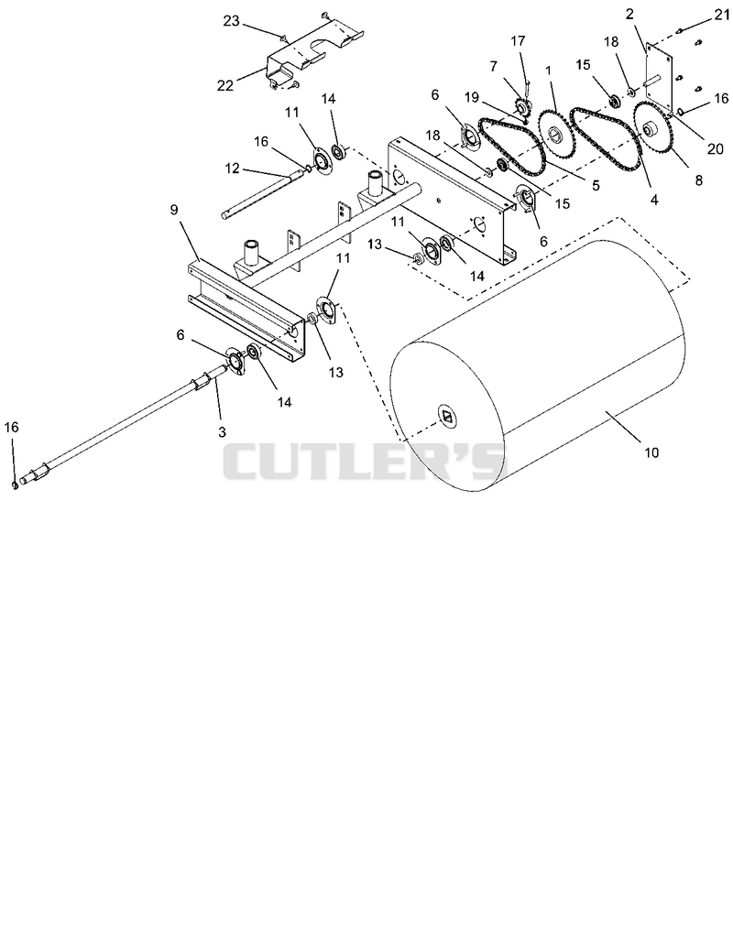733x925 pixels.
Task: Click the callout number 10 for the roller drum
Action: pyautogui.click(x=651, y=452)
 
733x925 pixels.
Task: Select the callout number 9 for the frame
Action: pyautogui.click(x=174, y=210)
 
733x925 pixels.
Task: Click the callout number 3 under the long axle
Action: pyautogui.click(x=222, y=432)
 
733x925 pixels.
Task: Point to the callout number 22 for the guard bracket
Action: pyautogui.click(x=224, y=85)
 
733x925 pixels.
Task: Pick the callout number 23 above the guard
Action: pyautogui.click(x=231, y=21)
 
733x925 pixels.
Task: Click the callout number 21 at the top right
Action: pyautogui.click(x=722, y=15)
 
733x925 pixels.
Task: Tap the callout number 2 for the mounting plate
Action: pyautogui.click(x=630, y=14)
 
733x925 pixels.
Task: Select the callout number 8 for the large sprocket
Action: pyautogui.click(x=699, y=180)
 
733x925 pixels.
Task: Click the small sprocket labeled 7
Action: pyautogui.click(x=521, y=107)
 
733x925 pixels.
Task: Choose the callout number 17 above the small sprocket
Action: pyautogui.click(x=518, y=40)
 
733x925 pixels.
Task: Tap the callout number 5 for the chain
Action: pyautogui.click(x=596, y=185)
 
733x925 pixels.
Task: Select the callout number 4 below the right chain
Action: pyautogui.click(x=654, y=200)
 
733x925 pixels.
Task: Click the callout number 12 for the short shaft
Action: pyautogui.click(x=232, y=169)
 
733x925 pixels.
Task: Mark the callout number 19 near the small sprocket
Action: pyautogui.click(x=472, y=97)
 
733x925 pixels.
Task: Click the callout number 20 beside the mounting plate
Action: pyautogui.click(x=715, y=148)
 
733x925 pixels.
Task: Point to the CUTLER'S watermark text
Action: pyautogui.click(x=365, y=462)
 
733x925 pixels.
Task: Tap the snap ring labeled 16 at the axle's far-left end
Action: pyautogui.click(x=14, y=484)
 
